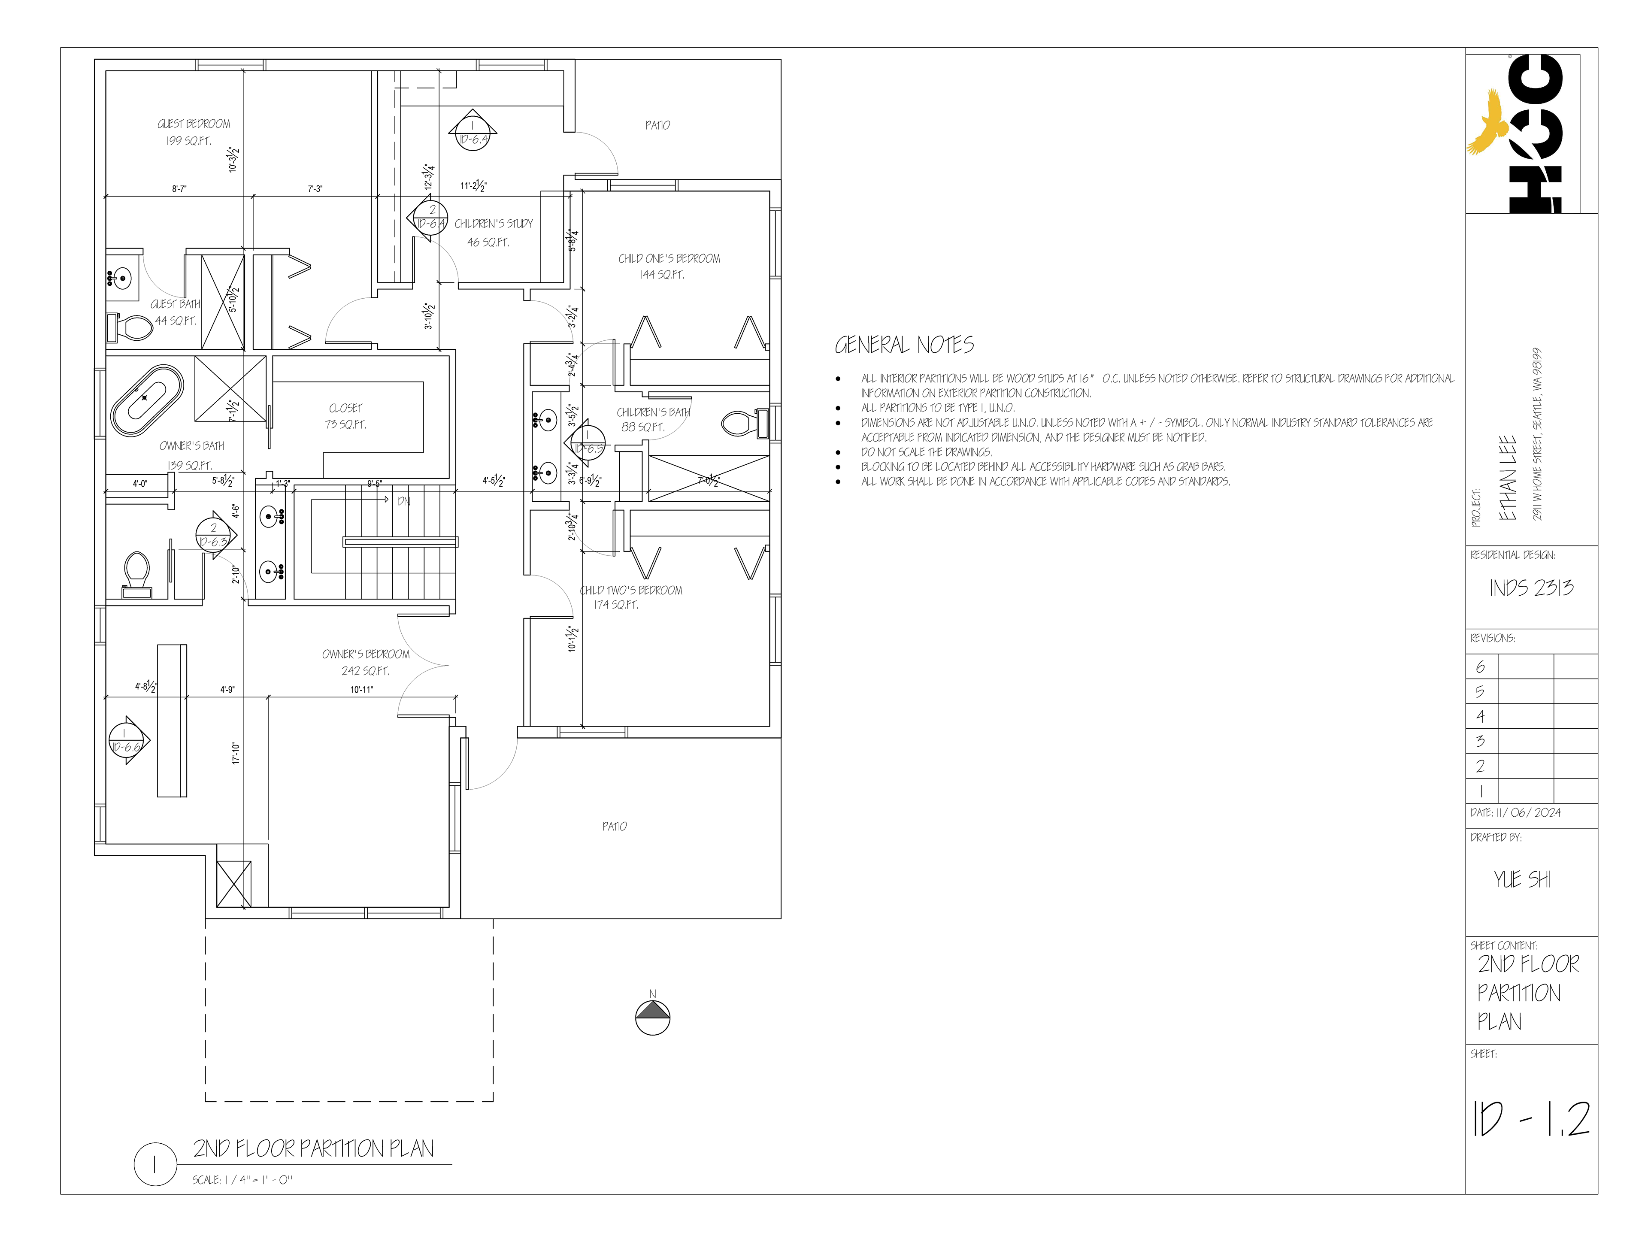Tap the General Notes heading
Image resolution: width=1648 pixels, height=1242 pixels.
tap(904, 345)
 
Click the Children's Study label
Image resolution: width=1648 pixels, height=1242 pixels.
tap(493, 224)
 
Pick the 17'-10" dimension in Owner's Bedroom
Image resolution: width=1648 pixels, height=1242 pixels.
tap(236, 752)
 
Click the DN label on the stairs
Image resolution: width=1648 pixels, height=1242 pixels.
tap(404, 501)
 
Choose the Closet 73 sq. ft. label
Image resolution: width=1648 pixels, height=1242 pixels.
tap(345, 416)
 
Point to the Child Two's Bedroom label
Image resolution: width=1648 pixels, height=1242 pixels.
tap(631, 590)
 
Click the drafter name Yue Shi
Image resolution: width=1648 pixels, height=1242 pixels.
tap(1522, 880)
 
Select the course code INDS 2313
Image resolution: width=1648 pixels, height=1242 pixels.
tap(1531, 588)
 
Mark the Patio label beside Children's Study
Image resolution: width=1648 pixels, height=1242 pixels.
tap(657, 125)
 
